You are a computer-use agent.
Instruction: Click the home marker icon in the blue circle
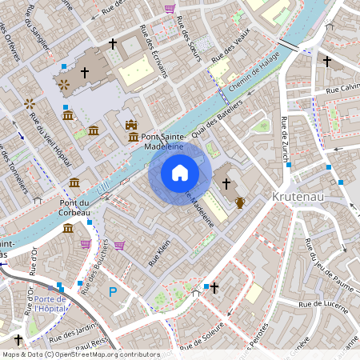[180, 173]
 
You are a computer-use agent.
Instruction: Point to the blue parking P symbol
[113, 292]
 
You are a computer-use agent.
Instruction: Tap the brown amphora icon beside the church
[239, 202]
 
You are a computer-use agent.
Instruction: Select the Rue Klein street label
[160, 254]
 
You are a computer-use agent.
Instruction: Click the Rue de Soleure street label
[201, 340]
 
